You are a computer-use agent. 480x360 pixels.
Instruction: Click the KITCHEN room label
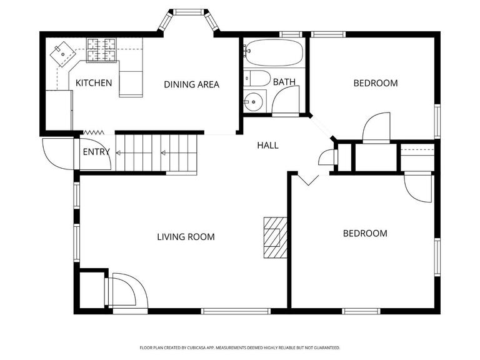tap(94, 83)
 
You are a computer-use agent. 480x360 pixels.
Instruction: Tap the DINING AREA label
tap(192, 84)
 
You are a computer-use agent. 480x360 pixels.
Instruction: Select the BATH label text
tap(284, 82)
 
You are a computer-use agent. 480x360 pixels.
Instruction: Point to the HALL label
tap(268, 146)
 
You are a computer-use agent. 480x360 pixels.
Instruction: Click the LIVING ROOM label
tap(186, 237)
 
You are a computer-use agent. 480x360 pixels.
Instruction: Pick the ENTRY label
tap(96, 152)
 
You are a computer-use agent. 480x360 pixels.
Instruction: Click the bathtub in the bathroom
tap(274, 52)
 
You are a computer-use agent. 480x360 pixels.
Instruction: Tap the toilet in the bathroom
tap(257, 78)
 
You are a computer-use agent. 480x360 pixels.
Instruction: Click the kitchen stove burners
tap(101, 50)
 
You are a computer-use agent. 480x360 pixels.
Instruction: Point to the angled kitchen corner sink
tap(62, 54)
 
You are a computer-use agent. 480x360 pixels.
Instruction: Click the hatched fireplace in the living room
tap(276, 237)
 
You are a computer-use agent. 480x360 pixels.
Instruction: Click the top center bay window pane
tap(189, 12)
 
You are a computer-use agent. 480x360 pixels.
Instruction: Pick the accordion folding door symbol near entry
tap(93, 132)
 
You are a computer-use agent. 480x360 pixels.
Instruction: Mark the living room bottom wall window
tap(236, 311)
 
